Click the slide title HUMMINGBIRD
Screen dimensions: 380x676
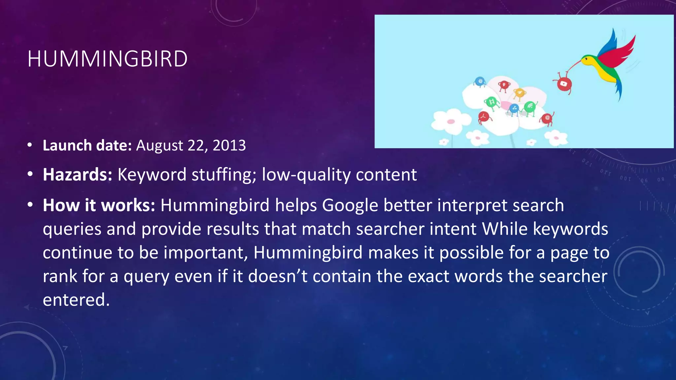(x=107, y=59)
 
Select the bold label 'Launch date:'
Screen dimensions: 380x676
(x=87, y=145)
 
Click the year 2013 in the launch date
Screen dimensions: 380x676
(x=229, y=145)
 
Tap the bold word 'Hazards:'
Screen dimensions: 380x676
(x=78, y=174)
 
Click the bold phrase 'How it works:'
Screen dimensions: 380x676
(x=99, y=205)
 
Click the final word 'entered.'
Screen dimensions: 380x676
(x=76, y=300)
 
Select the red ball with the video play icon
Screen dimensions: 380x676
(x=564, y=84)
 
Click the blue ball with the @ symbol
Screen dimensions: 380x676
(x=480, y=81)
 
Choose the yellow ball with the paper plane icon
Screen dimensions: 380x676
(x=520, y=93)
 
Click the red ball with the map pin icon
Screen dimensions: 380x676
(x=504, y=85)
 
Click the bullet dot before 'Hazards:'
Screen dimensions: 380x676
(x=30, y=174)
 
